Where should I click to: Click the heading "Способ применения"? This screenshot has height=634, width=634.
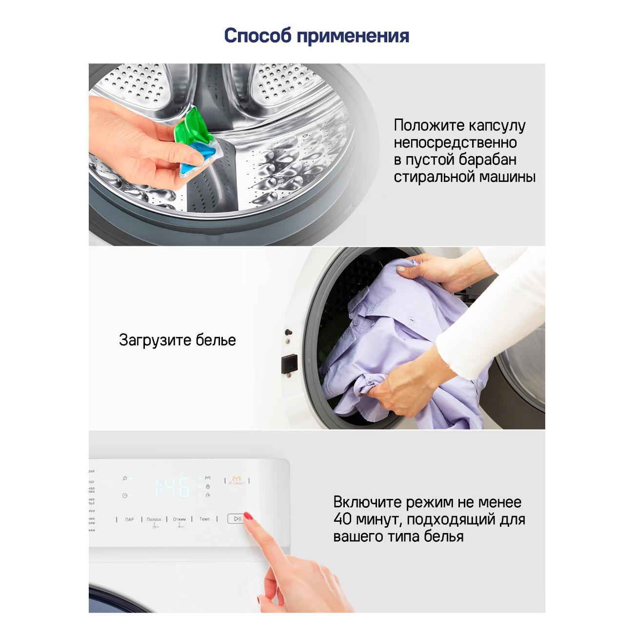(x=317, y=36)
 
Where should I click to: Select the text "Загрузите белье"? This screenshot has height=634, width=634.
(x=177, y=340)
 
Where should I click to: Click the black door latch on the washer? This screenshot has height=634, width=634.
(x=289, y=363)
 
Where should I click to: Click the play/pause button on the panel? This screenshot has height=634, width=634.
(x=236, y=518)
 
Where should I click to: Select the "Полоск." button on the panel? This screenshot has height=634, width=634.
(x=154, y=519)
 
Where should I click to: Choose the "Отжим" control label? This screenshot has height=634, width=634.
(x=179, y=519)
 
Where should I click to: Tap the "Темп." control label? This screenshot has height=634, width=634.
(x=205, y=519)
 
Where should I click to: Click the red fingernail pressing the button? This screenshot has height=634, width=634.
(x=248, y=516)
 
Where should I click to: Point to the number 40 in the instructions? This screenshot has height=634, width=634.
(x=342, y=519)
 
